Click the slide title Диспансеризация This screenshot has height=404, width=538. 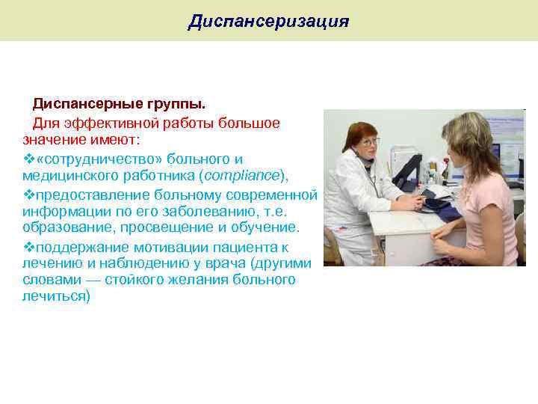click(268, 21)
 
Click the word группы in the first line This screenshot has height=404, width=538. click(180, 101)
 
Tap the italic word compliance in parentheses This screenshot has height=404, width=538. click(244, 174)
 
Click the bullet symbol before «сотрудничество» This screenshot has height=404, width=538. click(28, 159)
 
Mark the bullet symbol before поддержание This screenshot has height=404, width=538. click(28, 247)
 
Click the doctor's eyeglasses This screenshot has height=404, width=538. click(369, 141)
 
